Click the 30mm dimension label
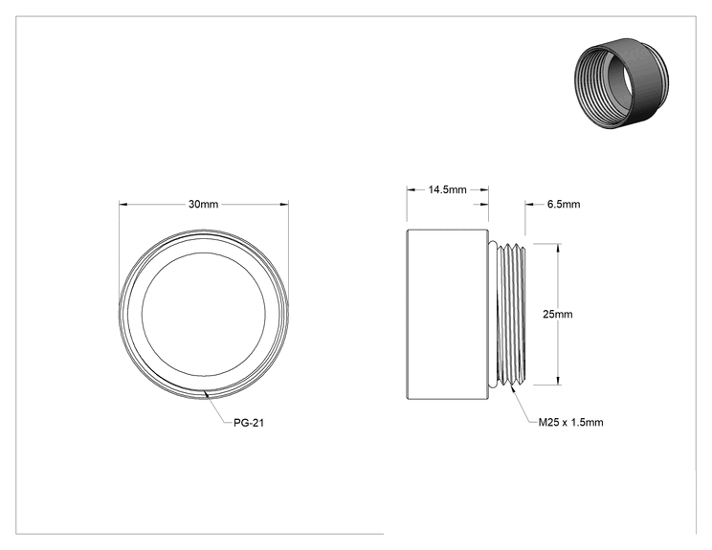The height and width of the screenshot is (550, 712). (x=204, y=204)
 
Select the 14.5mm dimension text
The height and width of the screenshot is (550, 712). (x=447, y=189)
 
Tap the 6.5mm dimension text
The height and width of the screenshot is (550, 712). (x=564, y=204)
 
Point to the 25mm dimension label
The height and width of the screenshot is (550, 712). (x=558, y=314)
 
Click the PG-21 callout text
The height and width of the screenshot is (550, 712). (x=249, y=423)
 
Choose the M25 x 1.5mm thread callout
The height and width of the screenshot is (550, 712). (x=570, y=423)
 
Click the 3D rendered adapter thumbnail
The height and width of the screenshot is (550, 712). (x=621, y=83)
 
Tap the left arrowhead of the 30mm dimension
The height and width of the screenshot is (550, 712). (x=123, y=204)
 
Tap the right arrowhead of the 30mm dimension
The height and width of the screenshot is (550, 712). (x=284, y=204)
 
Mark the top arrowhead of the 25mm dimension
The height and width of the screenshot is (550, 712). (x=558, y=248)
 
